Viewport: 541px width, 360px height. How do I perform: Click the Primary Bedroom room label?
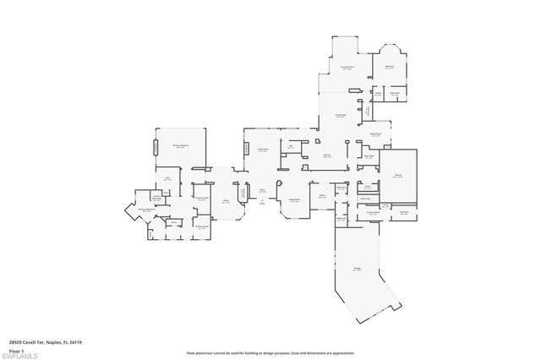(x=180, y=147)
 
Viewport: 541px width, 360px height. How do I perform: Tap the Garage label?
(x=358, y=270)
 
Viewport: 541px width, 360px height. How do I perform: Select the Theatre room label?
(x=398, y=176)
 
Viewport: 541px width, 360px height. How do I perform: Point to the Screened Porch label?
(x=347, y=68)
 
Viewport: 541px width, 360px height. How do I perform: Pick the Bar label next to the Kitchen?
(x=291, y=146)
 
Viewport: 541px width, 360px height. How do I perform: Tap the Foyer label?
(x=262, y=190)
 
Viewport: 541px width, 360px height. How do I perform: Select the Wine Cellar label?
(x=369, y=156)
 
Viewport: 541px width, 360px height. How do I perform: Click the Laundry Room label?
(x=373, y=213)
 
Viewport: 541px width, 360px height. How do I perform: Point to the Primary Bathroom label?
(x=145, y=209)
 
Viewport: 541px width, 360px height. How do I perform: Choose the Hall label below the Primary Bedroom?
(x=167, y=178)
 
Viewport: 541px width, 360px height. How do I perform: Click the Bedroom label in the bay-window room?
(x=390, y=67)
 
